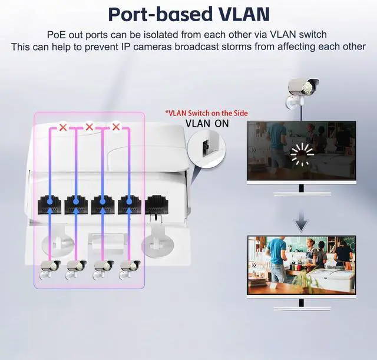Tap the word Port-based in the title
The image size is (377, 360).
[x=160, y=14]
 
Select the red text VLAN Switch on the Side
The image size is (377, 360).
[x=207, y=113]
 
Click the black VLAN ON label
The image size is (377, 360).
[x=207, y=124]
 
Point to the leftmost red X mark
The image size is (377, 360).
[x=63, y=127]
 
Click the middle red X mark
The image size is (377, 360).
[x=90, y=127]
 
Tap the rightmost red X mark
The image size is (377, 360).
[x=116, y=127]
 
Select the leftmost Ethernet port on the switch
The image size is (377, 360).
[x=49, y=205]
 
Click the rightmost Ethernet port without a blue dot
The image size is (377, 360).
[x=156, y=205]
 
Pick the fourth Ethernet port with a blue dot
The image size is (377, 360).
[x=130, y=205]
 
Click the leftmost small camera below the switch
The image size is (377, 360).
[x=49, y=270]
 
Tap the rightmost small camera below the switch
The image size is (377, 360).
[x=130, y=270]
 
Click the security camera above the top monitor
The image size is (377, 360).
[x=302, y=93]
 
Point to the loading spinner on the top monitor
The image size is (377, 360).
[x=302, y=154]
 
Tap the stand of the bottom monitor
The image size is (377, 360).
[x=302, y=305]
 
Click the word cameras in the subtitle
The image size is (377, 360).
[x=153, y=47]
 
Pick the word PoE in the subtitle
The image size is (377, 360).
[x=57, y=35]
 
